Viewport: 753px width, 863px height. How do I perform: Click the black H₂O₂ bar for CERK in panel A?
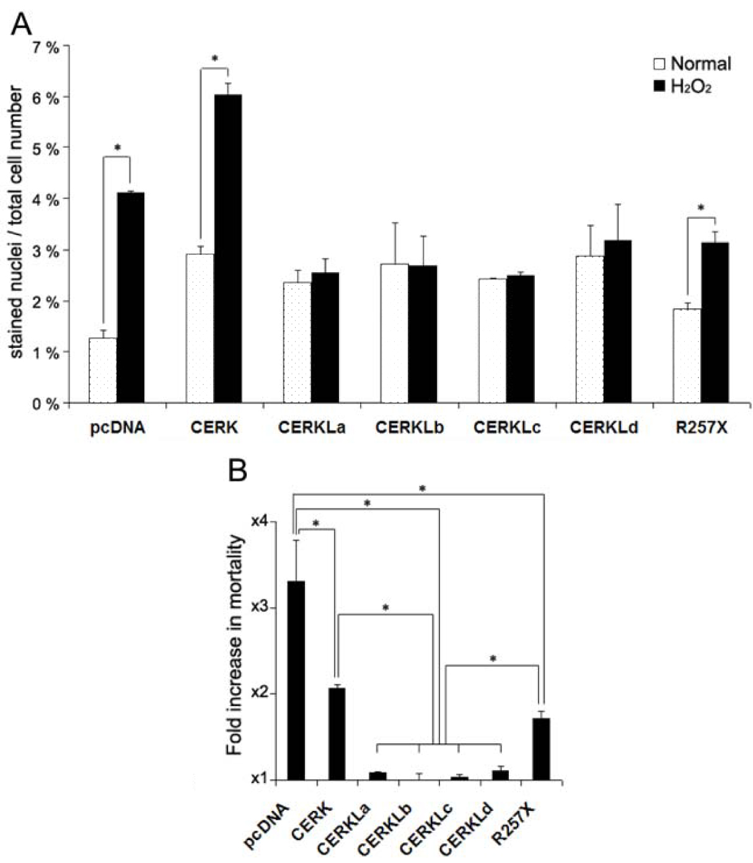point(227,249)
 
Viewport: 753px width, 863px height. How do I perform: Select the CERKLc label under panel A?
point(507,428)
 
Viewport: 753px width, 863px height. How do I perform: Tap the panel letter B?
point(239,472)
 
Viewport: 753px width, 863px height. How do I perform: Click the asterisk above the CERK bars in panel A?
point(214,59)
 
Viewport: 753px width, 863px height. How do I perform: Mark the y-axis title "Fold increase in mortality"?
point(234,645)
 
